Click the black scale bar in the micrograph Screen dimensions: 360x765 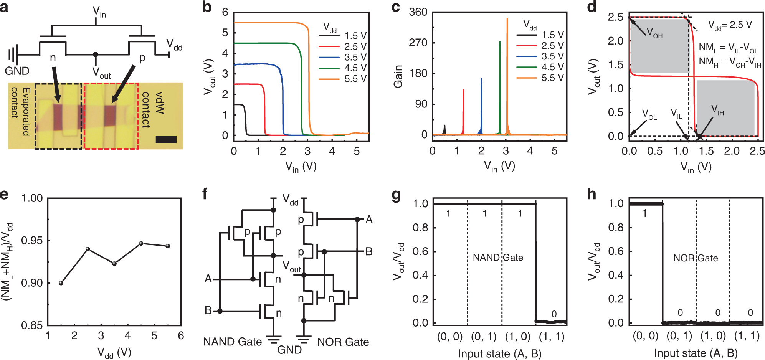pyautogui.click(x=166, y=140)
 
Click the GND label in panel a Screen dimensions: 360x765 pyautogui.click(x=17, y=71)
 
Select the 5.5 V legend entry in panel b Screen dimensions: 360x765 pyautogui.click(x=355, y=79)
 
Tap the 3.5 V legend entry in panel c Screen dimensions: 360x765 pyautogui.click(x=552, y=56)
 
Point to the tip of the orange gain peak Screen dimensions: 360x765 pyautogui.click(x=507, y=19)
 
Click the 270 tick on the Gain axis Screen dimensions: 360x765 pyautogui.click(x=418, y=42)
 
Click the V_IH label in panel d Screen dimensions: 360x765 pyautogui.click(x=717, y=110)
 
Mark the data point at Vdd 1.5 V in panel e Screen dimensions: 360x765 pyautogui.click(x=61, y=283)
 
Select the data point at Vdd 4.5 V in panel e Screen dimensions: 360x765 pyautogui.click(x=141, y=243)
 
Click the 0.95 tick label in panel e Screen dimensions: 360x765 pyautogui.click(x=32, y=241)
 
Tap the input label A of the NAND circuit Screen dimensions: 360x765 pyautogui.click(x=208, y=278)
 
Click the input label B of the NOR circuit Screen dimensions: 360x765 pyautogui.click(x=369, y=252)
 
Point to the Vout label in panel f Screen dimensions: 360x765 pyautogui.click(x=291, y=266)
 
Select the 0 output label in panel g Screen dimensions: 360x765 pyautogui.click(x=554, y=314)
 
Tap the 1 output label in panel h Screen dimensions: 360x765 pyautogui.click(x=644, y=213)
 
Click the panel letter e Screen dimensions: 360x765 pyautogui.click(x=4, y=194)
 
